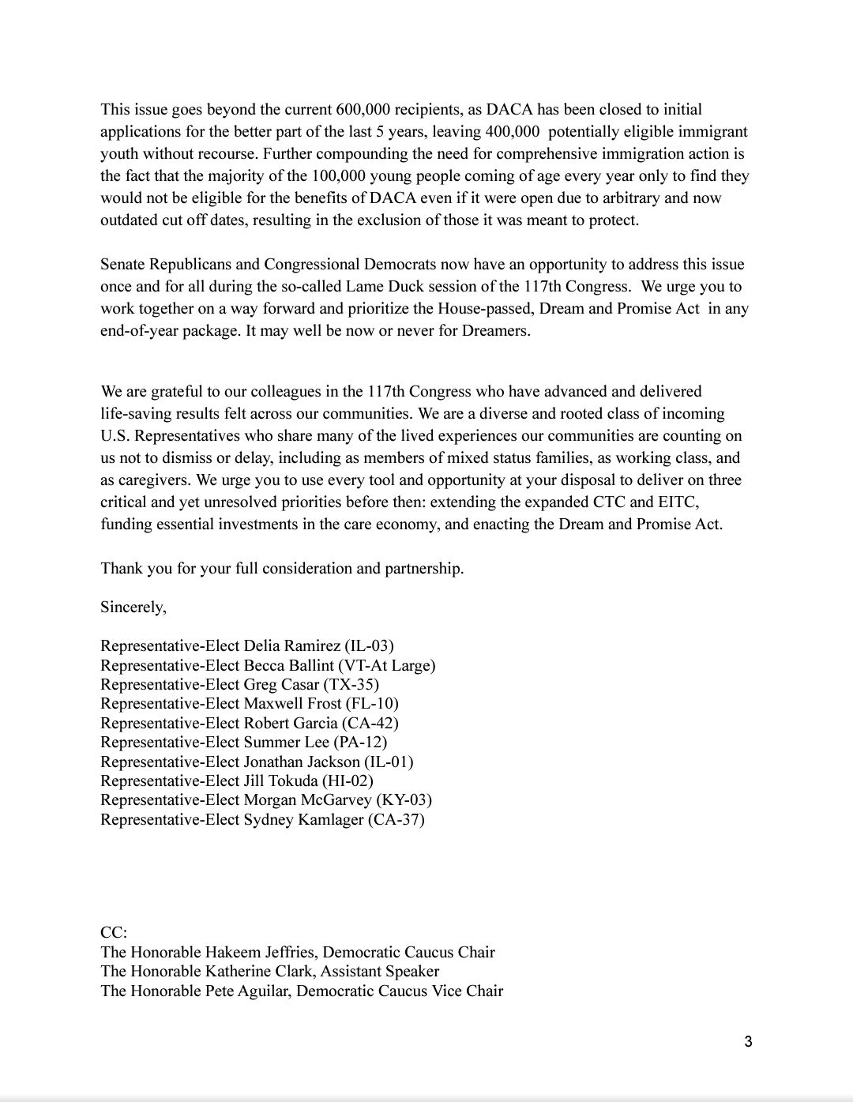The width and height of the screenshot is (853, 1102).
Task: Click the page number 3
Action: (748, 1041)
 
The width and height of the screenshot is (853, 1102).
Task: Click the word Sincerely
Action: (133, 607)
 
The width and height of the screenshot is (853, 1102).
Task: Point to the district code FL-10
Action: (372, 703)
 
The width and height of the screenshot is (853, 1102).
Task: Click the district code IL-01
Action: (388, 762)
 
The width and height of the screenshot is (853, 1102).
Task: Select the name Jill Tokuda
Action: (280, 780)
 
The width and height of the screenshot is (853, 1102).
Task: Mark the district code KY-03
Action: (404, 799)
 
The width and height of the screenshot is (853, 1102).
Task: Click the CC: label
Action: (114, 932)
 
